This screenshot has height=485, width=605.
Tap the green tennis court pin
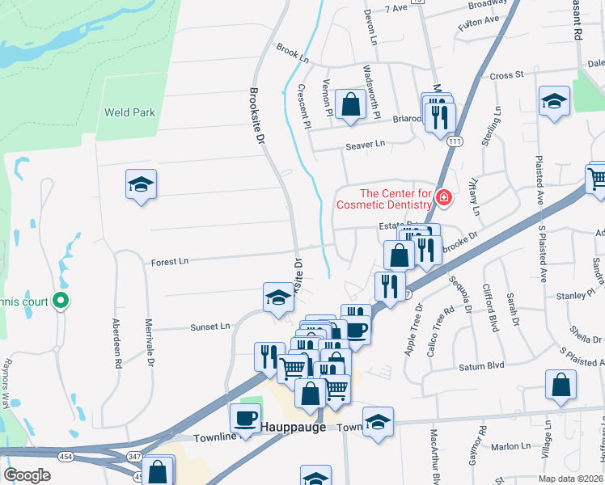tap(60, 302)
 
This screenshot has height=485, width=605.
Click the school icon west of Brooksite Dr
tap(141, 184)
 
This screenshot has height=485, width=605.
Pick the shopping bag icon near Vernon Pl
tap(350, 104)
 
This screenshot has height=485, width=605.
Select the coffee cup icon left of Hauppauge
tap(245, 418)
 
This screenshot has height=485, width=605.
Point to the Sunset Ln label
tap(209, 327)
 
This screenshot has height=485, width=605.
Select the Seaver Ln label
tap(366, 144)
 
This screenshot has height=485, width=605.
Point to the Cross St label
tap(506, 75)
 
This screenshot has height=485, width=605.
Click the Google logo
tap(27, 475)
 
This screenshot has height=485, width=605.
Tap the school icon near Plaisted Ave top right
tap(555, 101)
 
